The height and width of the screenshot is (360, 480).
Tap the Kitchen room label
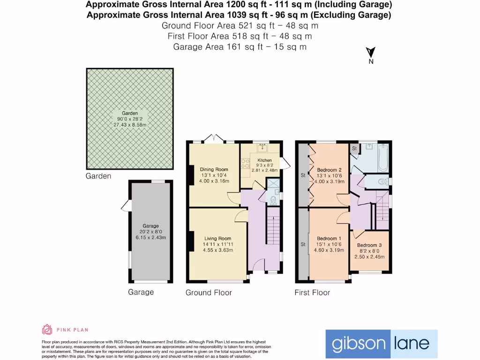coord(261,160)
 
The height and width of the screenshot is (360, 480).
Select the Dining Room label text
coord(214,170)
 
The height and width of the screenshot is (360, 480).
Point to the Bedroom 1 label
coord(327,238)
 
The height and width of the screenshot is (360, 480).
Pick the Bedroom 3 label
coord(369,245)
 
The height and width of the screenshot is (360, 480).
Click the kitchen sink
coord(262,149)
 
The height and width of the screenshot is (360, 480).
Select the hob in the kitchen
coord(245,164)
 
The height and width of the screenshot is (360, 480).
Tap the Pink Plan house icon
coord(47,330)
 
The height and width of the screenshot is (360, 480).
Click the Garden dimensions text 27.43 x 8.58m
coord(130,125)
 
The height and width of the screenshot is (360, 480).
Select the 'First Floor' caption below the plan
coord(312,292)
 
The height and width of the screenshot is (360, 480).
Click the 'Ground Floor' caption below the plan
coord(209,292)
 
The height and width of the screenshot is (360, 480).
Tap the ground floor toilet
coord(273,199)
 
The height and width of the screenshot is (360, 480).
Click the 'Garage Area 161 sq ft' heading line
coord(240,47)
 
